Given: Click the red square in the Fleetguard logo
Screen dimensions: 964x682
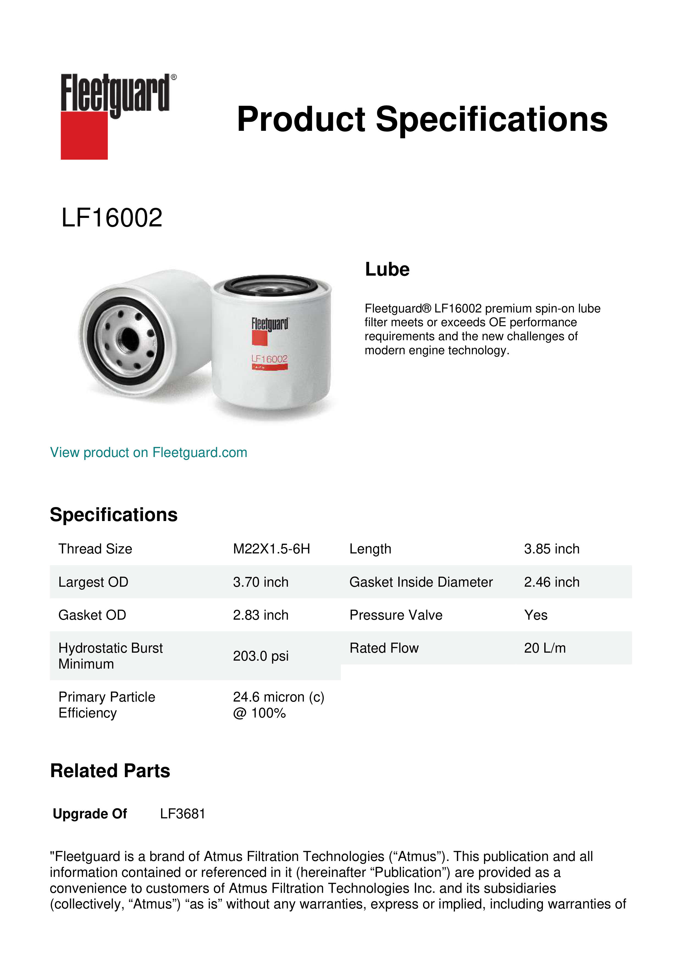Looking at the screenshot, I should point(84,135).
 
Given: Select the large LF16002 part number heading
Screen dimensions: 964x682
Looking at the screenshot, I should point(112,218).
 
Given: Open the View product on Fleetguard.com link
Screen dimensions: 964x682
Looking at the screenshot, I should point(148,453).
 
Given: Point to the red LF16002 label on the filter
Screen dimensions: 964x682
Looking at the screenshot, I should point(269,359).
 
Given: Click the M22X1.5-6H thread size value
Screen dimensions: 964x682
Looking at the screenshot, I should point(271,549).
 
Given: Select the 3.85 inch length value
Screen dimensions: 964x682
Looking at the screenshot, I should point(551,549).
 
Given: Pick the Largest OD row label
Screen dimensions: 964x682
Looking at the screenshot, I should point(93,582).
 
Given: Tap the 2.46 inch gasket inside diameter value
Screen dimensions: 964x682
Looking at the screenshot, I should point(551,582).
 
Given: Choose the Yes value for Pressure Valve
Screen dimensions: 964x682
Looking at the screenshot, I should point(535,615).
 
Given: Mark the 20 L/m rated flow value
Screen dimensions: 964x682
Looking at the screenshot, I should point(545,648).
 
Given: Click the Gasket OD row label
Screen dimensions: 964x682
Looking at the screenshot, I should point(92,615).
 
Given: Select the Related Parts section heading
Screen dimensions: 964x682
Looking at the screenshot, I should point(110,771).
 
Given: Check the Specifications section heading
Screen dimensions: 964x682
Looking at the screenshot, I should point(113,515).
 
